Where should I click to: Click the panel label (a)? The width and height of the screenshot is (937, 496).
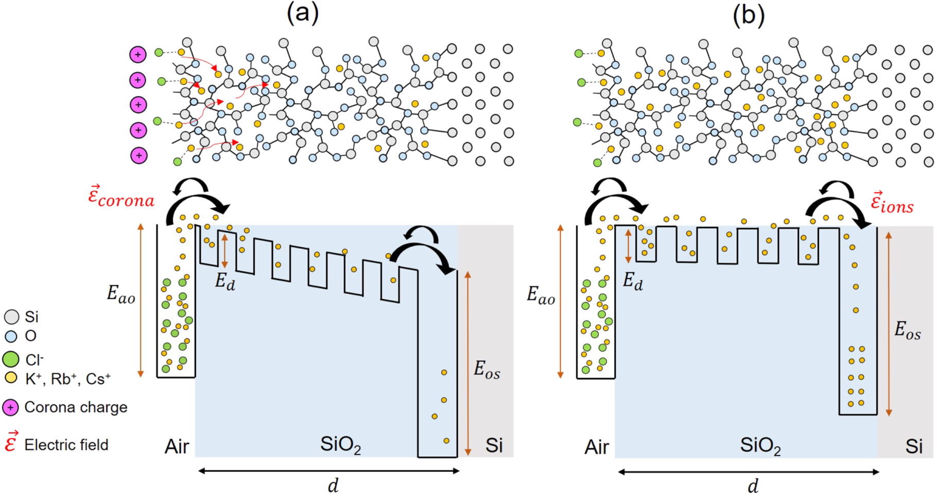click(303, 14)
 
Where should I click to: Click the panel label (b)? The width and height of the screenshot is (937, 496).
click(749, 15)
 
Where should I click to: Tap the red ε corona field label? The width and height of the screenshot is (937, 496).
click(122, 197)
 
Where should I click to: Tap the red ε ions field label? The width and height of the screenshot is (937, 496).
click(892, 203)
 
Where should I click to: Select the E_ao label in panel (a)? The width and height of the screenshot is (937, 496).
click(121, 294)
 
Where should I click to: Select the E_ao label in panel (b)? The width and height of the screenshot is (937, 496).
click(541, 295)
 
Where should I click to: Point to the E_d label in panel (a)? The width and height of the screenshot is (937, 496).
click(225, 281)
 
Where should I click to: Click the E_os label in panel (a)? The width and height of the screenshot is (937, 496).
click(487, 370)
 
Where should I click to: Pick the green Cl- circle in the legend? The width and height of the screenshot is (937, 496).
click(11, 359)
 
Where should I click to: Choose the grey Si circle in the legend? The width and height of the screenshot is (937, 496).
click(11, 317)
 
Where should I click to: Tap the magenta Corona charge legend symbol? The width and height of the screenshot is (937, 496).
click(10, 408)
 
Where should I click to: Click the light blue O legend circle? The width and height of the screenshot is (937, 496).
click(11, 336)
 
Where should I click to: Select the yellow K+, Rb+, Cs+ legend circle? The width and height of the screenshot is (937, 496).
click(11, 378)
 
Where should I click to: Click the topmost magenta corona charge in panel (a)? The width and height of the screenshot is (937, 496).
click(137, 55)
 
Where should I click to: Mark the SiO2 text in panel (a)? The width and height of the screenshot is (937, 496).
click(340, 445)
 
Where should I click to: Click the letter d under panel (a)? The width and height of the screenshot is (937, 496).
click(333, 485)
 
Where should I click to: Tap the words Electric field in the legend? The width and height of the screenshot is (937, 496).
click(66, 445)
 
